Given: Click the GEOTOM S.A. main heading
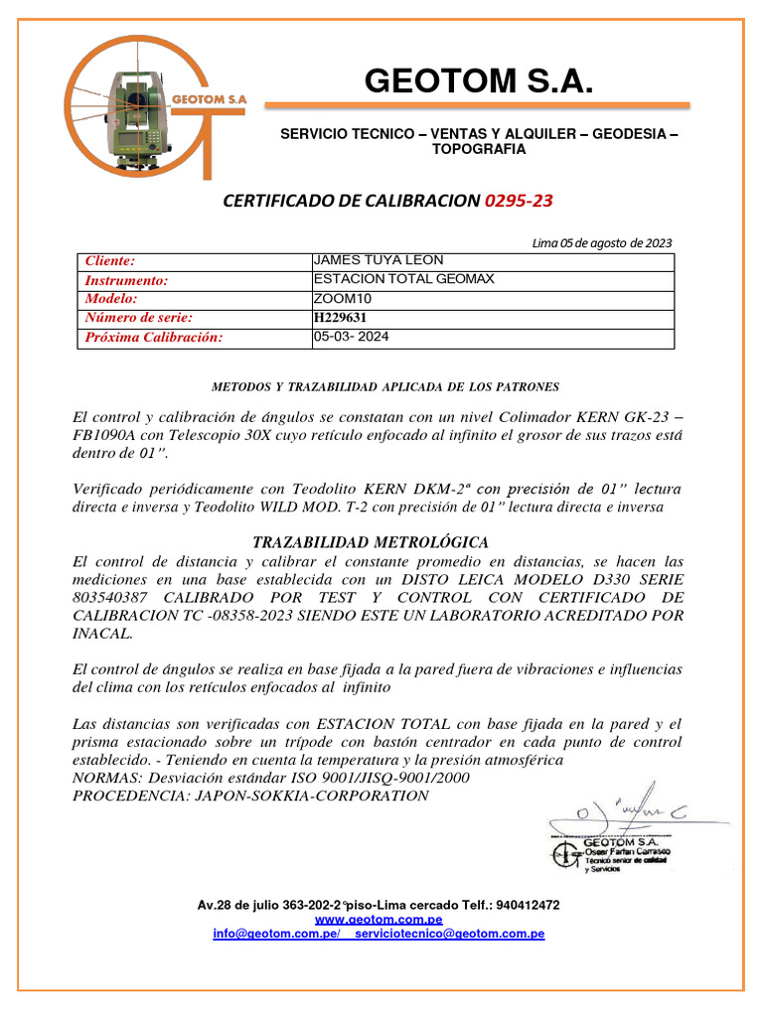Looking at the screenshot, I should click(479, 80).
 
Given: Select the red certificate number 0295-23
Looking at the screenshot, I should click(519, 201).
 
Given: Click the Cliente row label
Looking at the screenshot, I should click(109, 261).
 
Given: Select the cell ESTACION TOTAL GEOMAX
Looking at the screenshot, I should click(403, 279).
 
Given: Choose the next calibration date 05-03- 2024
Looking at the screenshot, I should click(351, 337).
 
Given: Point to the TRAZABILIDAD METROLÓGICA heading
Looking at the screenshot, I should click(371, 542).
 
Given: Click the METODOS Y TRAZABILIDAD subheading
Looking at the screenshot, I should click(385, 386).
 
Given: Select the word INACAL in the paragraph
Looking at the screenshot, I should click(103, 633).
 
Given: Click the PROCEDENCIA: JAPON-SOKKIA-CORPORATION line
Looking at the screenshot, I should click(251, 796).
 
